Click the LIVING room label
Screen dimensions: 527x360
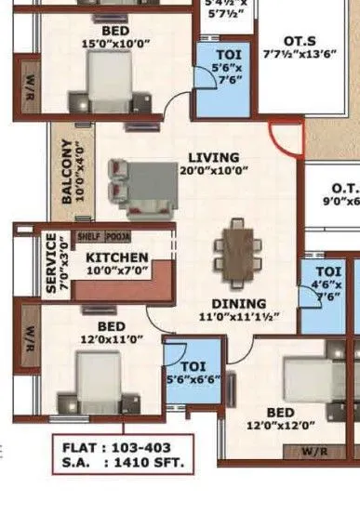pos(213,157)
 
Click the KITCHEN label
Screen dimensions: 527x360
pos(117,257)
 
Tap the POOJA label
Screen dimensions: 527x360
pos(118,237)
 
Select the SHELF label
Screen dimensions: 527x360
pos(88,237)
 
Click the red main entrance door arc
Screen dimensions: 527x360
pos(286,140)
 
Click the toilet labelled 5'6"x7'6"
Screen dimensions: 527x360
pos(223,68)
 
